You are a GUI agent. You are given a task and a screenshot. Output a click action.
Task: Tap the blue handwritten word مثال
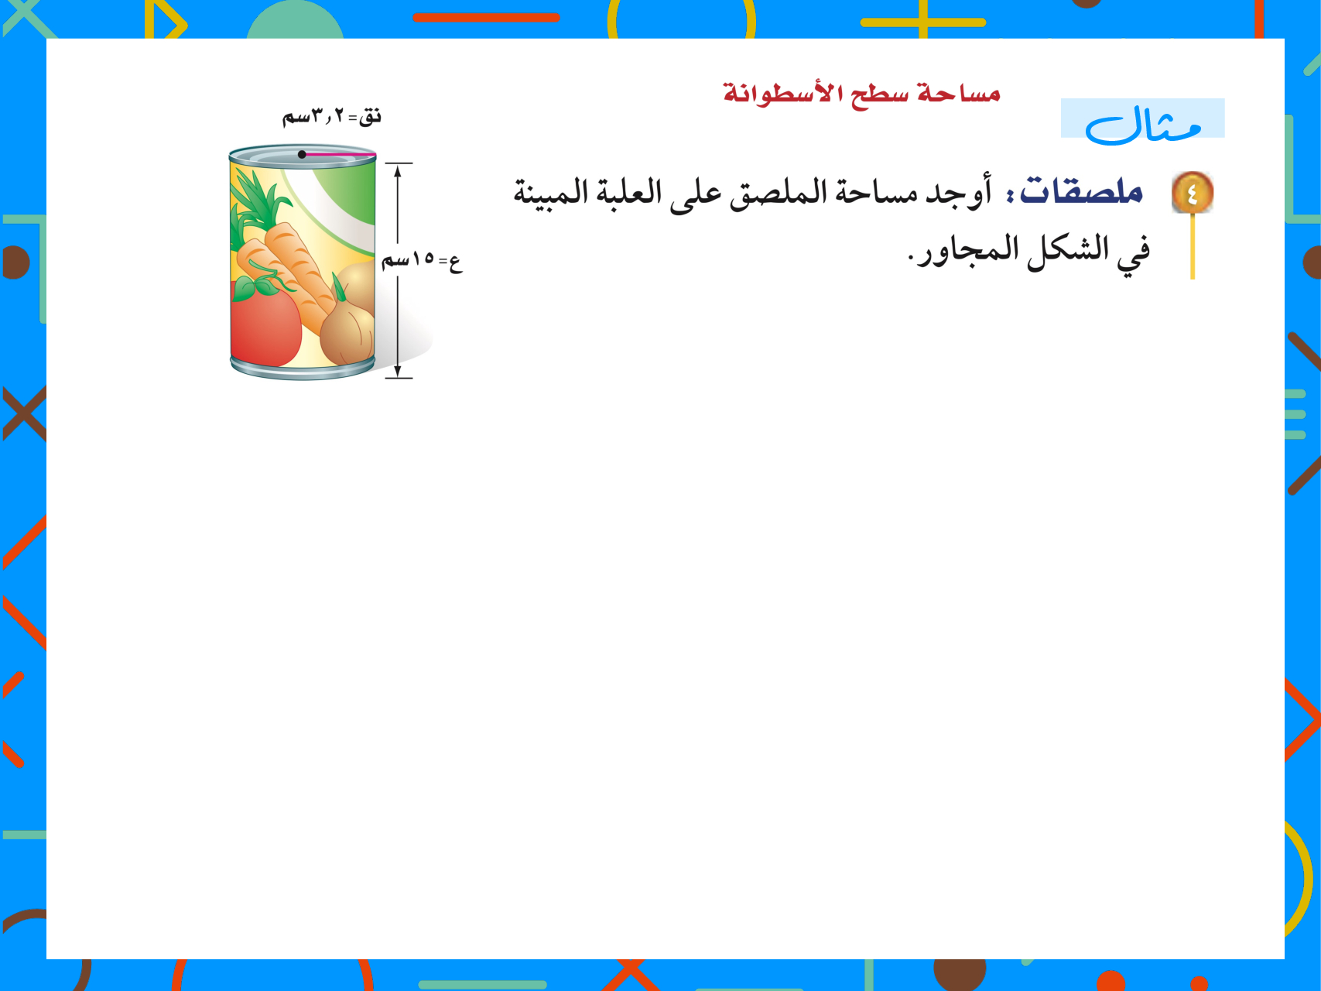(x=1143, y=125)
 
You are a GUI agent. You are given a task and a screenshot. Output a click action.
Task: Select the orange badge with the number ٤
(x=1193, y=192)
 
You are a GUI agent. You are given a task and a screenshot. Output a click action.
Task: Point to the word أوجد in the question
(x=959, y=192)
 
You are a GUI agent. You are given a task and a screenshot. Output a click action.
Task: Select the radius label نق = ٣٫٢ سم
(x=331, y=117)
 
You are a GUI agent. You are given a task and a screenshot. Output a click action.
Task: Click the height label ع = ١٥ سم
(x=422, y=260)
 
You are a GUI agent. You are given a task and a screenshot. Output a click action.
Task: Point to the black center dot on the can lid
(x=302, y=155)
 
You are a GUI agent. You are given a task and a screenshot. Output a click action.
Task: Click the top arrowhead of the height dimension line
(x=398, y=170)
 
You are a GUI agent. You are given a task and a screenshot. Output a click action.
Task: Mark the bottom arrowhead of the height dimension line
(x=398, y=370)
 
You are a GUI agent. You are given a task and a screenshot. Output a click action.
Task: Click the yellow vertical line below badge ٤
(x=1193, y=246)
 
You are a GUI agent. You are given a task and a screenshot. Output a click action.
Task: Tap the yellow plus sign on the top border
(x=923, y=22)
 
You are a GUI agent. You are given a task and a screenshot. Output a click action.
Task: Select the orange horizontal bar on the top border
(x=486, y=17)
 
